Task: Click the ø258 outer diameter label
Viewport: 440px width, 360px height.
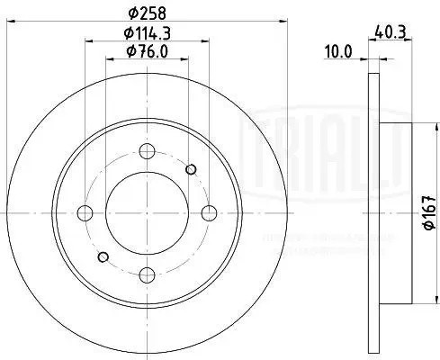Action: (x=148, y=13)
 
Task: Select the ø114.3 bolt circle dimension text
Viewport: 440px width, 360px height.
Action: (x=148, y=35)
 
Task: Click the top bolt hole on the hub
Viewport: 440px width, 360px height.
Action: (x=148, y=150)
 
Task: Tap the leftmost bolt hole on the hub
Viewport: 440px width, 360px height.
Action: (x=86, y=212)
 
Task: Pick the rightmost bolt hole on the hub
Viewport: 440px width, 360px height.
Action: (x=209, y=212)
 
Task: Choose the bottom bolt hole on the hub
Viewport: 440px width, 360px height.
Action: (x=148, y=274)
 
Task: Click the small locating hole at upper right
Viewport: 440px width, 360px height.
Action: (x=190, y=168)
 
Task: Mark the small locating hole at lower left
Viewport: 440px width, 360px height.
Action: (x=104, y=256)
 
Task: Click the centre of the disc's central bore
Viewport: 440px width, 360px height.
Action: (x=148, y=212)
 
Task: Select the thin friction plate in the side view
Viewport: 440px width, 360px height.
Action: (x=374, y=212)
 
